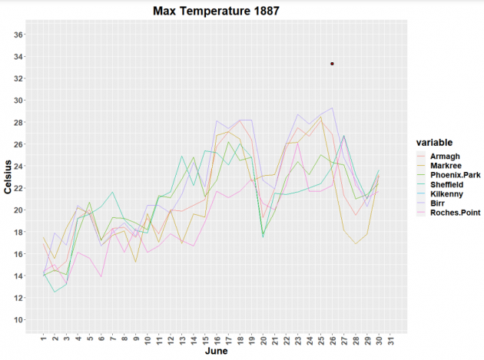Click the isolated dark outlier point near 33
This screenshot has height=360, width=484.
coord(332,64)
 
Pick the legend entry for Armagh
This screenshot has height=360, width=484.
coord(446,157)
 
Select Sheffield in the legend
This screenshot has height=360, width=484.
coord(449,184)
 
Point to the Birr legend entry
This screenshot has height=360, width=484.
coord(439,203)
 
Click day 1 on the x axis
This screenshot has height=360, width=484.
coord(44,338)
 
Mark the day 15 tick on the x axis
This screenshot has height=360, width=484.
coord(205,338)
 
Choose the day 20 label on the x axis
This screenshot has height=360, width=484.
coord(263,338)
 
